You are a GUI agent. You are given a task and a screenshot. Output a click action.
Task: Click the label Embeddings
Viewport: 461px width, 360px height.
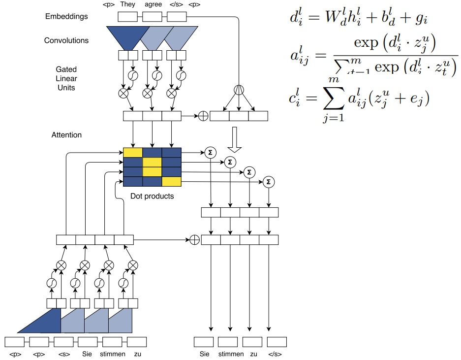[x=66, y=16]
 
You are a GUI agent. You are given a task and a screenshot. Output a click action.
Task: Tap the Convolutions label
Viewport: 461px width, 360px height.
[x=66, y=40]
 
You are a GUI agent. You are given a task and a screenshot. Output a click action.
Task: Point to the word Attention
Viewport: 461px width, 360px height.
[x=66, y=134]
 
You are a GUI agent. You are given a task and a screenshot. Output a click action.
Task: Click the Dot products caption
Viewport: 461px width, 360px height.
[x=152, y=196]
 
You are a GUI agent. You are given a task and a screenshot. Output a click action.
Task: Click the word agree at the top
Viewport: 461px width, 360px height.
[x=153, y=4]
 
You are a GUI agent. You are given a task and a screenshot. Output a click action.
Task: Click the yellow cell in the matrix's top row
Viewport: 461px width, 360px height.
[x=132, y=152]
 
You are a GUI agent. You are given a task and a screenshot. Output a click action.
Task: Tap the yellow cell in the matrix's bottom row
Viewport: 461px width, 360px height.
[x=171, y=181]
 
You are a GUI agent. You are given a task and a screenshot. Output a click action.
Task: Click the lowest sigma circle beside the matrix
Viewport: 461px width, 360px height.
[x=268, y=182]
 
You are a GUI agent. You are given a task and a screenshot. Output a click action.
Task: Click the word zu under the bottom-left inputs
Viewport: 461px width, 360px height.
[x=138, y=354]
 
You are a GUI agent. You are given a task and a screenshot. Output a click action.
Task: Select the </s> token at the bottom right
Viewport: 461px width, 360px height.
[x=276, y=354]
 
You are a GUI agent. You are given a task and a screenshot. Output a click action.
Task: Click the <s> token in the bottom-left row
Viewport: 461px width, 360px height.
[x=62, y=354]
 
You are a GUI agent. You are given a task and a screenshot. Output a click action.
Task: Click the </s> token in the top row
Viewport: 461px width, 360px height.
[x=176, y=4]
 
